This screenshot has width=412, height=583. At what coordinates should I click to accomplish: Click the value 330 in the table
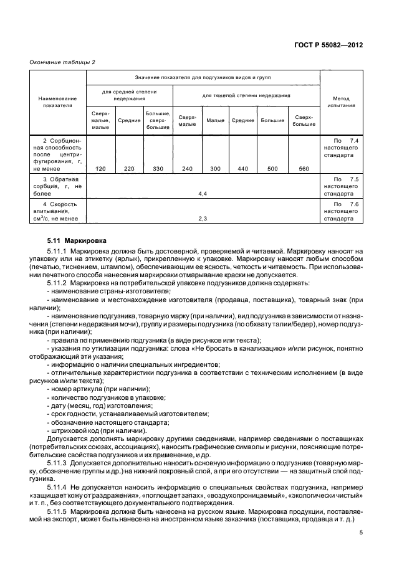point(158,168)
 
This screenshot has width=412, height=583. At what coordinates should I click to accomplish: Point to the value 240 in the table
point(187,168)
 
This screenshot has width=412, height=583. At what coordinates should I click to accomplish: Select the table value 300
point(216,168)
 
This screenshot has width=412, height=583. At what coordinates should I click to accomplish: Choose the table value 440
point(243,168)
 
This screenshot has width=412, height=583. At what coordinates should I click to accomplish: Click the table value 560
point(304,168)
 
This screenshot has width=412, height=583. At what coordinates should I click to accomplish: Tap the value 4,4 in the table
point(202,194)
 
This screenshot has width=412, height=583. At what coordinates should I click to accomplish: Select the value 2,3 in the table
point(202,219)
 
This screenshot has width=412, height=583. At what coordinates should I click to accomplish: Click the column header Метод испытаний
point(341,102)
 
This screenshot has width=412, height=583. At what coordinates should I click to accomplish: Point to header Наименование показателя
point(57,102)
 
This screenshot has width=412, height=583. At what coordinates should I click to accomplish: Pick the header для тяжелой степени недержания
point(246,95)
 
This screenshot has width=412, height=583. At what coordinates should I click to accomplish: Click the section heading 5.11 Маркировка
point(77,240)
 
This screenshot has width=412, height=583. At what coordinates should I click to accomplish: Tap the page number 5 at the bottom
point(361,532)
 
